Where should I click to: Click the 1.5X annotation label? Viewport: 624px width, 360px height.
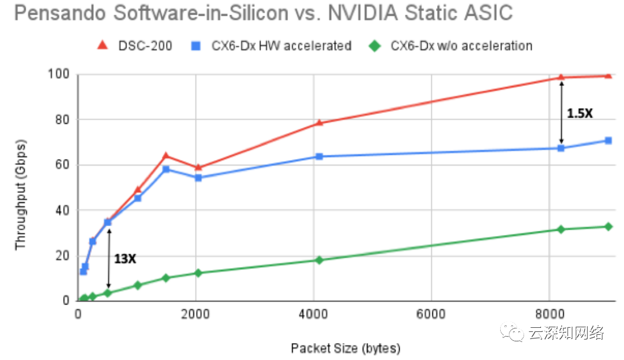click(580, 113)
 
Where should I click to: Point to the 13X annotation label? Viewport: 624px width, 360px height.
click(125, 258)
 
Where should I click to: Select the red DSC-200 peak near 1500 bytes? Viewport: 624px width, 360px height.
click(166, 155)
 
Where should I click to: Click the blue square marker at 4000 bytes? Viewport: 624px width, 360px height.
click(319, 157)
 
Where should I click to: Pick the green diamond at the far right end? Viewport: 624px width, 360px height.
click(608, 226)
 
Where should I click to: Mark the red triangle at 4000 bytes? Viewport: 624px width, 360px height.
click(319, 123)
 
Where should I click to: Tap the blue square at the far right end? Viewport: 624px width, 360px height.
click(608, 140)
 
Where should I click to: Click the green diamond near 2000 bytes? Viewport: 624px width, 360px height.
click(198, 273)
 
